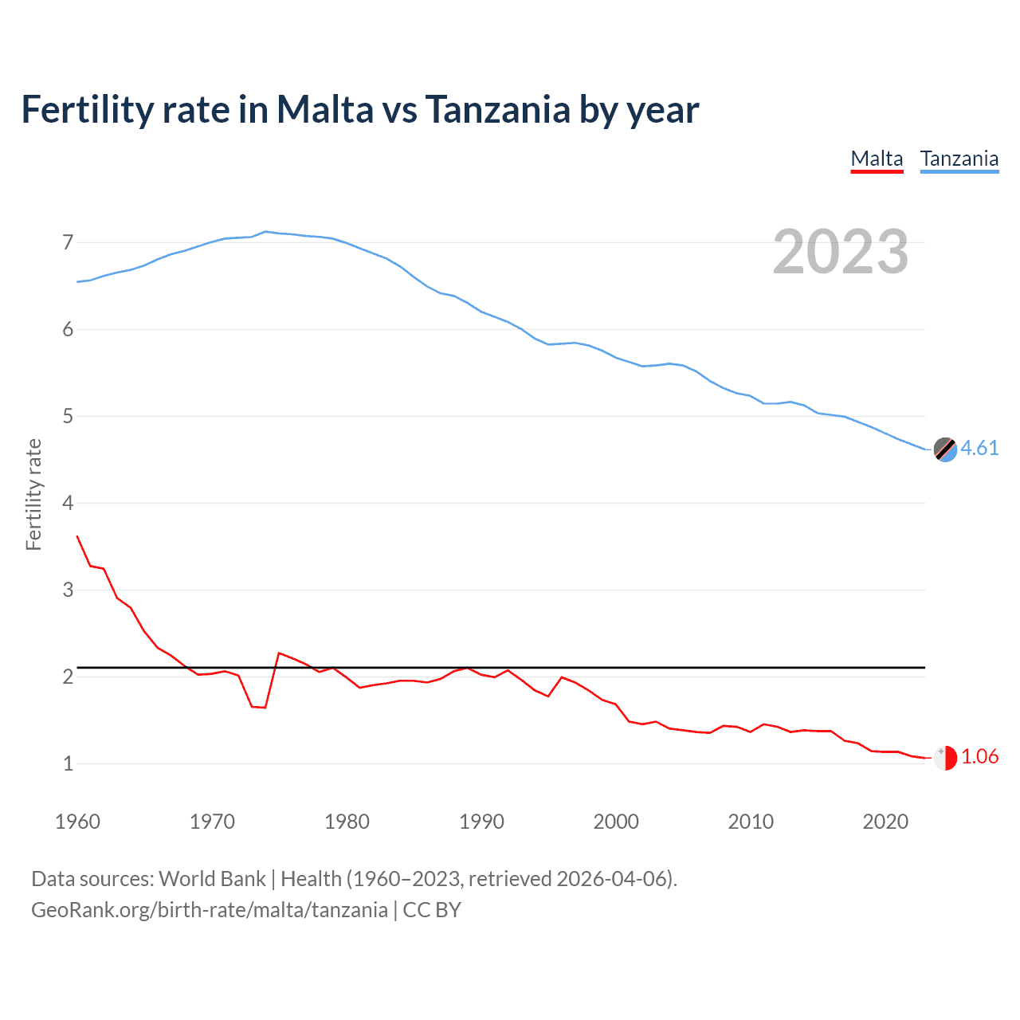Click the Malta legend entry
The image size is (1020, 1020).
tap(877, 159)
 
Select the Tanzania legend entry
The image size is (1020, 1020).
tap(959, 159)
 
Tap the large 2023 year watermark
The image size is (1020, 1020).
tap(840, 252)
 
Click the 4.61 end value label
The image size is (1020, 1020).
tap(979, 448)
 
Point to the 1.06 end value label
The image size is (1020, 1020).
tap(979, 756)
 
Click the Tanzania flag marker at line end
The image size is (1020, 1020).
tap(945, 449)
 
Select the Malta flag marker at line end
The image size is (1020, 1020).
tap(945, 758)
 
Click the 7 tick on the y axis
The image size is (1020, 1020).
tap(68, 242)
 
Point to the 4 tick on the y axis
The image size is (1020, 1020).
tap(68, 503)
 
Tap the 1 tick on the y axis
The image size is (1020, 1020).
tap(68, 763)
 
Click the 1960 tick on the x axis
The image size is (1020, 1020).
tap(77, 822)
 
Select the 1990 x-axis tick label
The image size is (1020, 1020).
tap(481, 822)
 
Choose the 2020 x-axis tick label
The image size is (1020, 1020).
tap(885, 822)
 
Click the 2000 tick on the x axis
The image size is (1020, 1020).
tap(616, 822)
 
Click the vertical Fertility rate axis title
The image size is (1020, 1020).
tap(33, 494)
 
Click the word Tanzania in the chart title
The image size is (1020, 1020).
tap(497, 109)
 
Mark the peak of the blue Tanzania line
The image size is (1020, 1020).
tap(265, 232)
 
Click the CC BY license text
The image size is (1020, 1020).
tap(432, 910)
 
